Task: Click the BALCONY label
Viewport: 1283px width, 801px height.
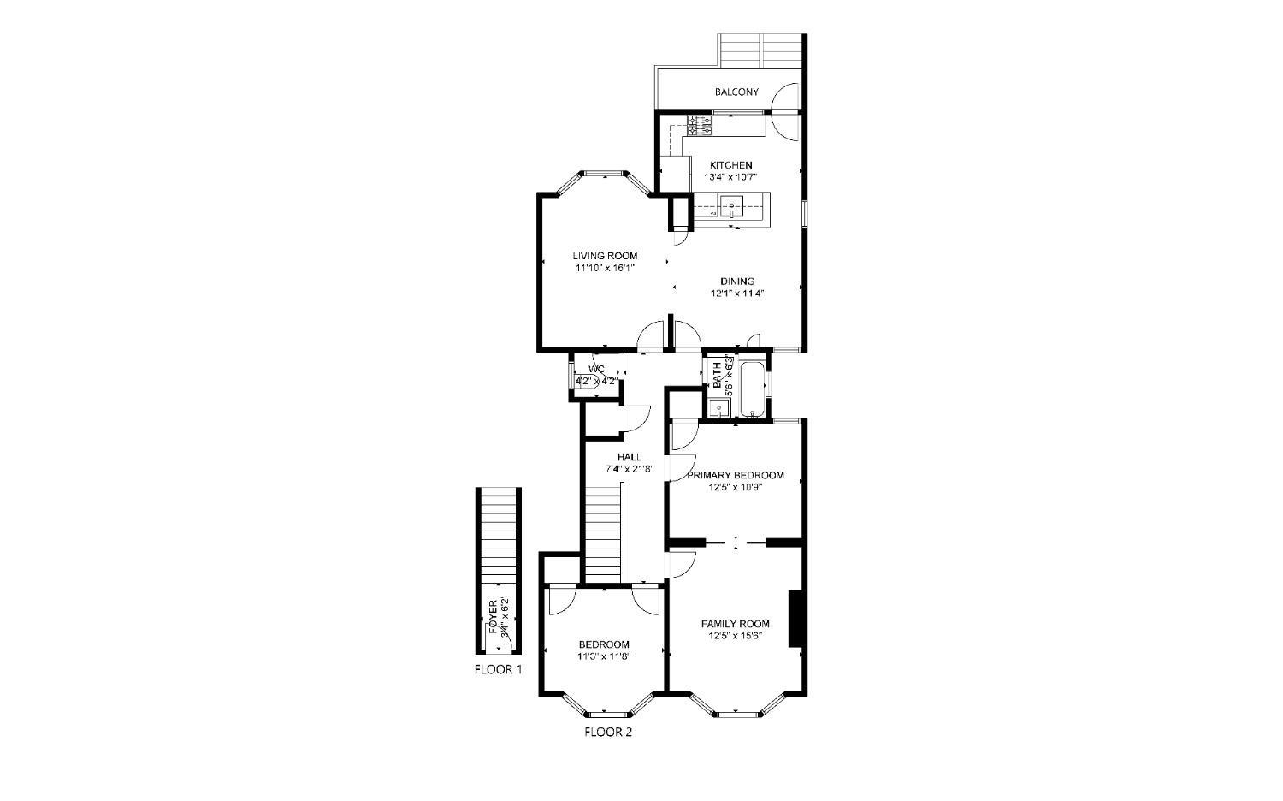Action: click(736, 92)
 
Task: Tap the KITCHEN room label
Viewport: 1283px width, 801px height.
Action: click(730, 165)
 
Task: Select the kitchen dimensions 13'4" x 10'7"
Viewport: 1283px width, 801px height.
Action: click(730, 177)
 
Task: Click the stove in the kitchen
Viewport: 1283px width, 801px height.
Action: click(701, 126)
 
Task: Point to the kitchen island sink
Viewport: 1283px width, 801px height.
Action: click(731, 206)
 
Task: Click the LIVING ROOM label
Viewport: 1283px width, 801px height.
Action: click(605, 256)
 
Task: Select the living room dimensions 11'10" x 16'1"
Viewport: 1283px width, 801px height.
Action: click(605, 268)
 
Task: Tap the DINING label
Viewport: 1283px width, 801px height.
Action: click(736, 281)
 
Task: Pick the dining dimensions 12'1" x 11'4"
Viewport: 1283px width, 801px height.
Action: click(736, 293)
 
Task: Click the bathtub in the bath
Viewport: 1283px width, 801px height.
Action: click(752, 391)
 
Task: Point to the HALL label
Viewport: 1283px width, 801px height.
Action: click(629, 457)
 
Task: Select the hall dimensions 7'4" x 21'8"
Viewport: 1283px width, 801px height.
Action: click(630, 469)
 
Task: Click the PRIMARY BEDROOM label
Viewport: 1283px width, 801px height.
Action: click(735, 475)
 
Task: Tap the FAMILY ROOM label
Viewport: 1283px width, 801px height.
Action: click(735, 624)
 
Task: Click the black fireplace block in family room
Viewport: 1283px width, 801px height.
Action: click(795, 618)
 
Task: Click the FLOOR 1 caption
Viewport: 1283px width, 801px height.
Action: click(498, 669)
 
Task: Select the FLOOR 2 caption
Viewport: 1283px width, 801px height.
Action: click(608, 732)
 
